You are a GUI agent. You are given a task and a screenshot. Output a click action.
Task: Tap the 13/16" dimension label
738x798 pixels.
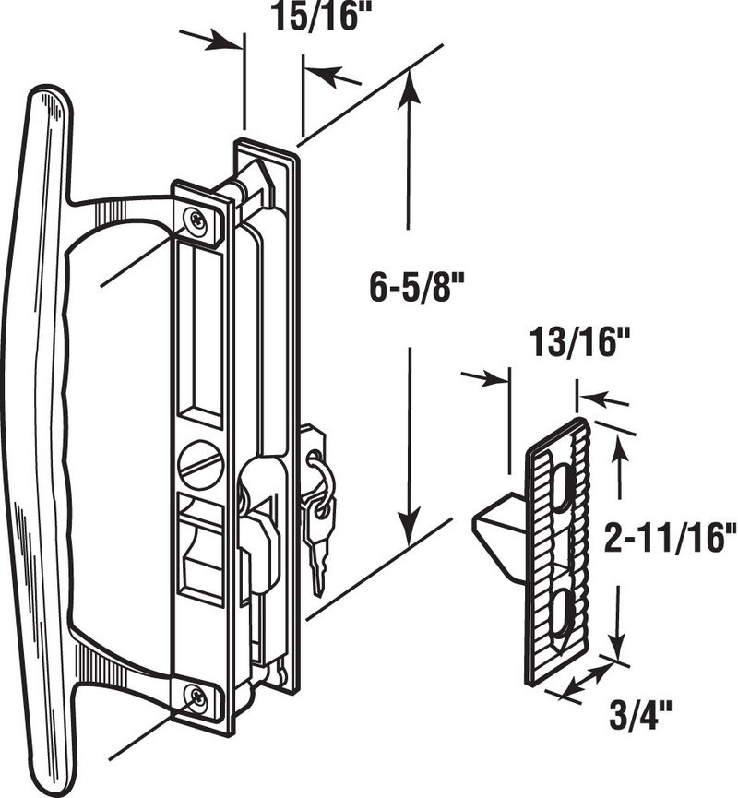(x=579, y=344)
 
